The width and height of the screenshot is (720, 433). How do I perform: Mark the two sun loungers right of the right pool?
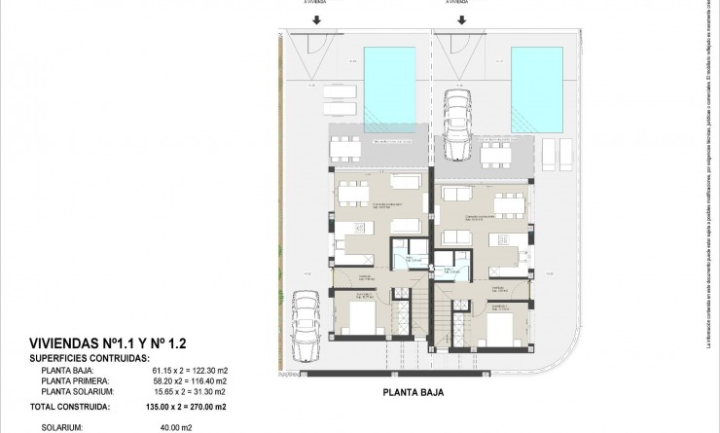tap(556, 152)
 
